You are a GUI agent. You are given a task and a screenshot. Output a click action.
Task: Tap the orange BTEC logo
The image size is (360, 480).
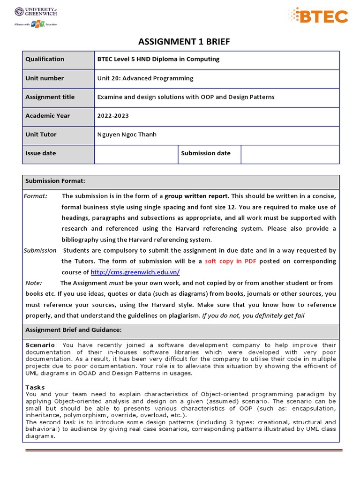click(318, 16)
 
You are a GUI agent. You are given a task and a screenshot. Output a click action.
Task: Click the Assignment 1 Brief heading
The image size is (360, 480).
click(184, 42)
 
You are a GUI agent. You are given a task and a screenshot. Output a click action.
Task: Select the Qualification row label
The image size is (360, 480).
click(45, 59)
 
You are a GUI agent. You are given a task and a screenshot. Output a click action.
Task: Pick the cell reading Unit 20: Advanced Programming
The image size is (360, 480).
click(145, 78)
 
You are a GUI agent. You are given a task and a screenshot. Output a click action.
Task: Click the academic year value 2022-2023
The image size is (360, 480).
click(113, 116)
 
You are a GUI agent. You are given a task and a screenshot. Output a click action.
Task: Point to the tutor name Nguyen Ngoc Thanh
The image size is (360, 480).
click(127, 135)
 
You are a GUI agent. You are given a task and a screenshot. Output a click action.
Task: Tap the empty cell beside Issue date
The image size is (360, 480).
click(136, 154)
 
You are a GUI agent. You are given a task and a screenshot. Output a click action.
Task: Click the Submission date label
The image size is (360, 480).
click(206, 153)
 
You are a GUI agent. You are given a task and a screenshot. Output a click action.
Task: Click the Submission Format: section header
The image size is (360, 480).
click(55, 181)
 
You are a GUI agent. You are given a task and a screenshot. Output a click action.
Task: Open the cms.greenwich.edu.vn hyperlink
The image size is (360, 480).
click(135, 272)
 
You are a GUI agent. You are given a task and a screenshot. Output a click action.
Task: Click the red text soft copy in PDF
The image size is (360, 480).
click(231, 261)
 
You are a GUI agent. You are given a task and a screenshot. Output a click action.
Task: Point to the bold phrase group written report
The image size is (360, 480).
click(196, 196)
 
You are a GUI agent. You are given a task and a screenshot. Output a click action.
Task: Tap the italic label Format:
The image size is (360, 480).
click(36, 196)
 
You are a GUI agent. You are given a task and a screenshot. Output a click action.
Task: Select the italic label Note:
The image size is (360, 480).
click(34, 283)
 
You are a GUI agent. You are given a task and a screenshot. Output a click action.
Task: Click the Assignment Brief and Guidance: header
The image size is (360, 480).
click(73, 330)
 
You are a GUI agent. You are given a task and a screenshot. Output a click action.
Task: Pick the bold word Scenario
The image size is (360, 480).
click(40, 345)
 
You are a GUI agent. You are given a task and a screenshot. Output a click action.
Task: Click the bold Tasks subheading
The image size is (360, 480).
click(35, 388)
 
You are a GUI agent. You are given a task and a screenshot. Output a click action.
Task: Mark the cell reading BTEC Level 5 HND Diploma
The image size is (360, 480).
click(158, 59)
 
